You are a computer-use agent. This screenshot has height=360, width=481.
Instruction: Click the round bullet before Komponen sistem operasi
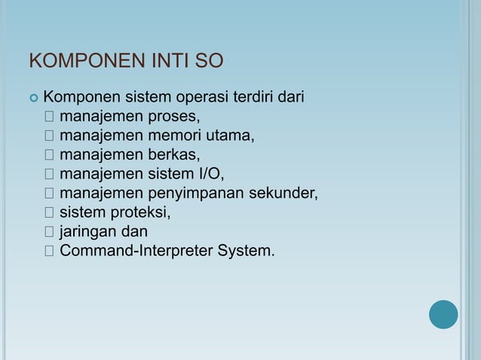coord(32,98)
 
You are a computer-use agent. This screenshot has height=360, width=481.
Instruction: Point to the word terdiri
coord(255,97)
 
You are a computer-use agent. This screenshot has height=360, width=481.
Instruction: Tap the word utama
coord(231,136)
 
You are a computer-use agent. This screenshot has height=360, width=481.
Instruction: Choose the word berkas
coord(175,155)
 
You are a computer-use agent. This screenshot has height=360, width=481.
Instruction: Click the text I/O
coord(210,174)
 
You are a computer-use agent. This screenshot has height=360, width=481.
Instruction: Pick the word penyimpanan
coord(196,194)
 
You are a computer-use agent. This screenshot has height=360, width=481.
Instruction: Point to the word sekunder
coord(283,194)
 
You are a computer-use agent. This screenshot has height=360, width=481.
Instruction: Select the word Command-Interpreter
coord(136,250)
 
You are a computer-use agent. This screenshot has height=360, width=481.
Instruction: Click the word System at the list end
coord(246,250)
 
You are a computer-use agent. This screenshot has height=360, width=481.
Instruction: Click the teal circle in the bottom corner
coord(443,315)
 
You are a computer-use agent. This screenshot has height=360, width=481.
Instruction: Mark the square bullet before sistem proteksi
coord(49,212)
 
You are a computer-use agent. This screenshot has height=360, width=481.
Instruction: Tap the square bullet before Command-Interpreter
coord(49,250)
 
